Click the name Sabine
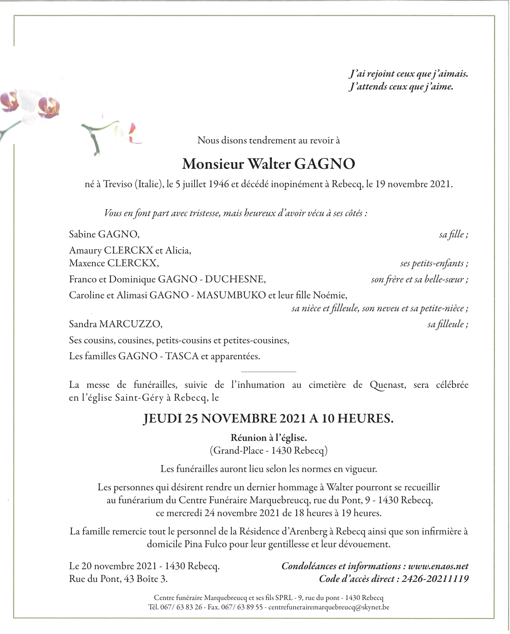coord(82,234)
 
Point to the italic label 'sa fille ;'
coord(453,234)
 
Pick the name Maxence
coord(87,263)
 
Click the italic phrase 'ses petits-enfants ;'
coord(434,263)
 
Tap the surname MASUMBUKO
coord(231,295)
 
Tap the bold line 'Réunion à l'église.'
coord(268,438)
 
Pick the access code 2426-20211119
coord(435,579)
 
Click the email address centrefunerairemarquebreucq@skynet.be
coord(329,607)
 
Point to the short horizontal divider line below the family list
coord(268,372)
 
